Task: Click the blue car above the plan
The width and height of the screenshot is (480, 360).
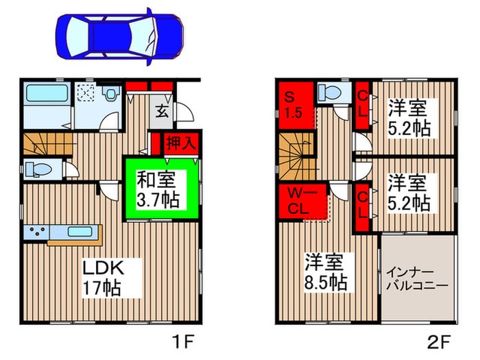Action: tap(119, 36)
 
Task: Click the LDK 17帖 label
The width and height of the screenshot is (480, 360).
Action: tap(103, 277)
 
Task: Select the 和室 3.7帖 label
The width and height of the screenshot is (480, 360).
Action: tap(158, 190)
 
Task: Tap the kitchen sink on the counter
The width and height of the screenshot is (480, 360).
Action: tap(75, 232)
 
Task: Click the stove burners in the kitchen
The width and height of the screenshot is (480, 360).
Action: tap(36, 232)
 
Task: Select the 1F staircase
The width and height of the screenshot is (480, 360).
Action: tap(41, 145)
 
